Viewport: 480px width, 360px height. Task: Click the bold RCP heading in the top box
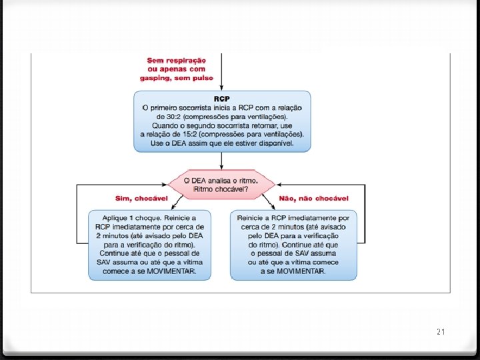[222, 98]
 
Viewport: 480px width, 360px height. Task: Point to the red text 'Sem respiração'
[176, 60]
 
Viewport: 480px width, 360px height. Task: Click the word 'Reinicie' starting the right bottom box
[252, 219]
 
